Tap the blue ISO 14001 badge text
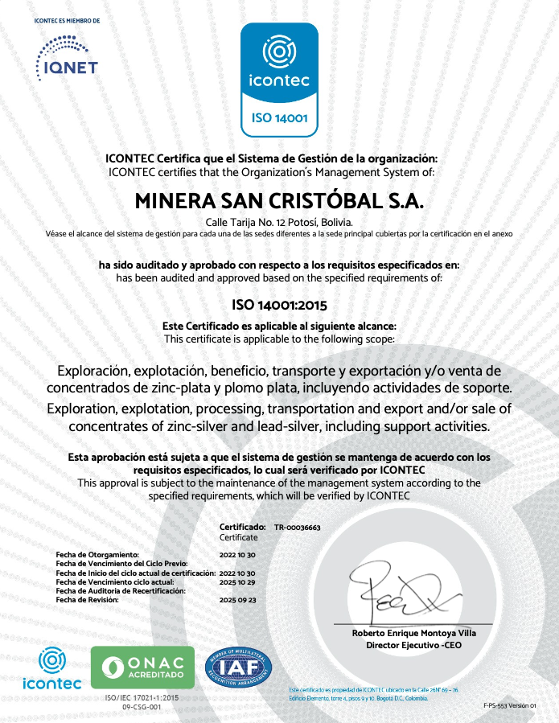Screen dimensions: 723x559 click(x=280, y=118)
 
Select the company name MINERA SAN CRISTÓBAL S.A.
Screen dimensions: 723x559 click(x=279, y=200)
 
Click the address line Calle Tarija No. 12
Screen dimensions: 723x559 click(x=279, y=222)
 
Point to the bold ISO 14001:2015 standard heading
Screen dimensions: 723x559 click(x=279, y=305)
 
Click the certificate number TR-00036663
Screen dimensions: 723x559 click(x=298, y=527)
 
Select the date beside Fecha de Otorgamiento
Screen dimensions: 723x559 click(x=237, y=556)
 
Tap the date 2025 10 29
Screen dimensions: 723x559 click(x=237, y=581)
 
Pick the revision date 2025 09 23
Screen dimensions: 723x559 click(x=237, y=600)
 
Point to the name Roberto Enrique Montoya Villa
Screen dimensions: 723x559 click(x=414, y=634)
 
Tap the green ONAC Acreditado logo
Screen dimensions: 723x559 click(x=142, y=668)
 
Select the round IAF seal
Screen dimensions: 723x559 click(x=238, y=667)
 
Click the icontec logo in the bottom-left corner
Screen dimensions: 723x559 click(x=52, y=669)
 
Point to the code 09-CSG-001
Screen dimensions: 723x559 click(x=142, y=707)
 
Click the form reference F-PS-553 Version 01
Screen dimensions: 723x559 click(x=509, y=705)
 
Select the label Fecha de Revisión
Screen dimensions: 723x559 click(x=88, y=600)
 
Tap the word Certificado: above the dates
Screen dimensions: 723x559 click(x=243, y=527)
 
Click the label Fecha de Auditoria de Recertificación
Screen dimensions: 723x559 click(x=121, y=591)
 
